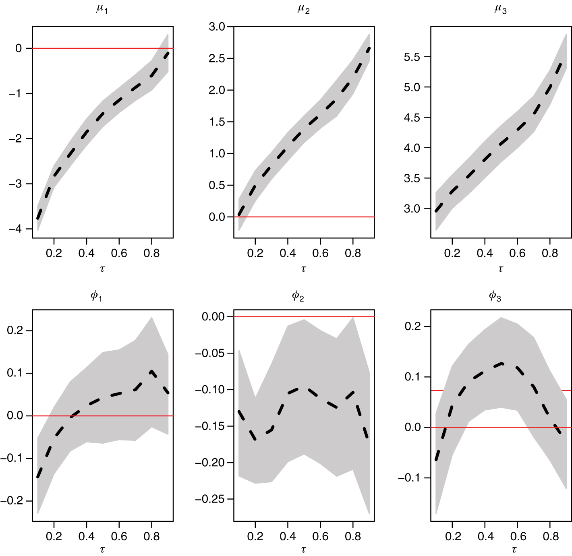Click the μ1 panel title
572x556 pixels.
coord(102,8)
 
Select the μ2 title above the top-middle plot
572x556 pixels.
coord(303,8)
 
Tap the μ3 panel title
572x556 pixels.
coord(500,8)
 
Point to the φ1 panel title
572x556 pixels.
coord(96,296)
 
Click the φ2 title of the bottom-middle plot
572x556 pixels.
coord(298,296)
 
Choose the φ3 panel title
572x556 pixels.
coord(495,296)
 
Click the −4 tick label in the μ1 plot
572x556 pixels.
coord(15,229)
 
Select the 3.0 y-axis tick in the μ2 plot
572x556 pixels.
coord(217,27)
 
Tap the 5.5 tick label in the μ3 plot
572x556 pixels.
coord(412,57)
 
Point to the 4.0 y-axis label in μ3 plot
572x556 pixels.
coord(412,148)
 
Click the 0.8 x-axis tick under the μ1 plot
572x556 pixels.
coord(151,253)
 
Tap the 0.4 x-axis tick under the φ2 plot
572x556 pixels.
coord(288,536)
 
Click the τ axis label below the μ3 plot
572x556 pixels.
coord(501,269)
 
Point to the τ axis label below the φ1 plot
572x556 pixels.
coord(102,549)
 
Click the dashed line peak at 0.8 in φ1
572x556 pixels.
coord(151,371)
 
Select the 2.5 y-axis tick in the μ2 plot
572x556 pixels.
coord(217,58)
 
